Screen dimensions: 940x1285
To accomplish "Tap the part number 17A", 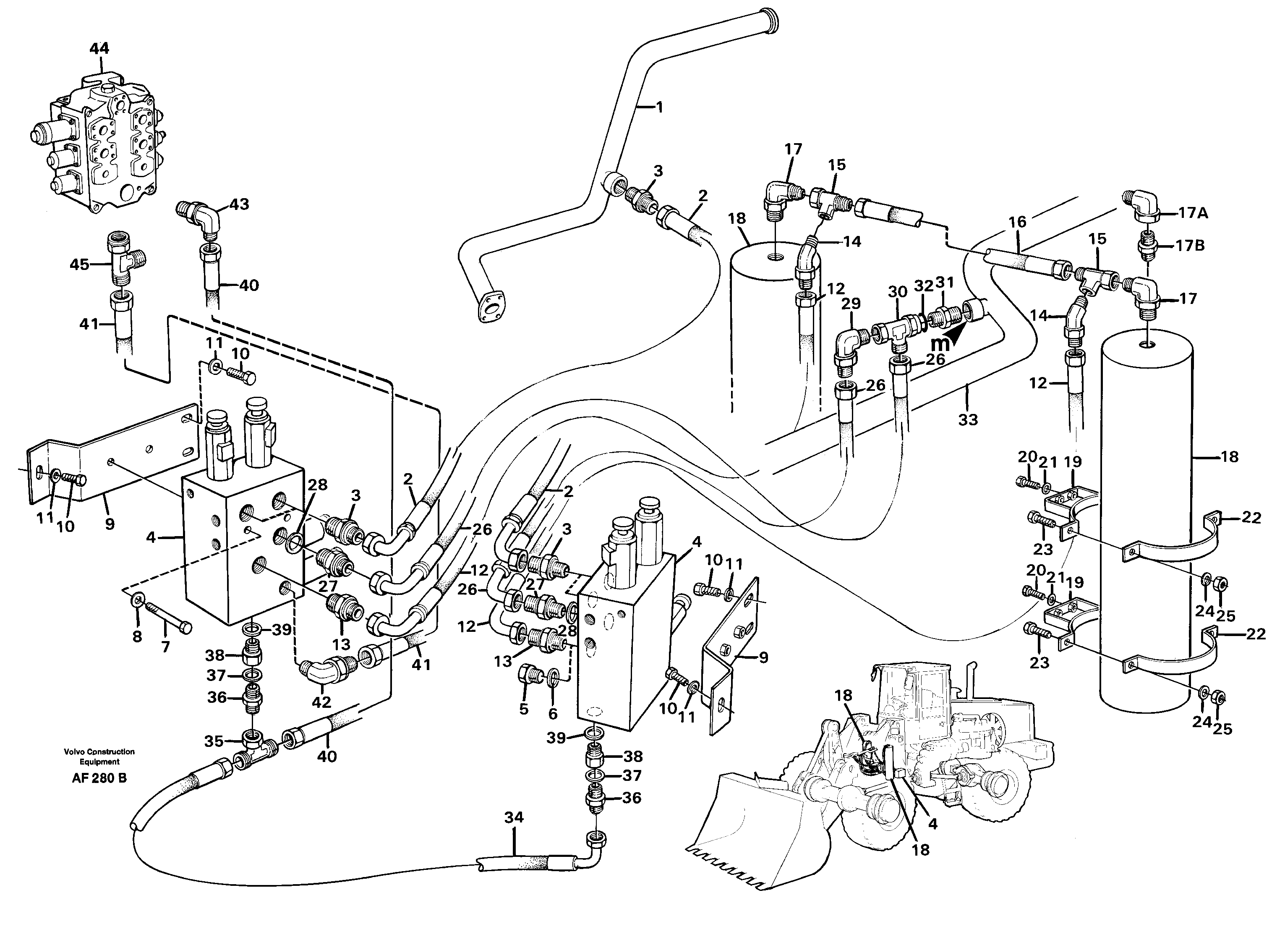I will pyautogui.click(x=1192, y=213).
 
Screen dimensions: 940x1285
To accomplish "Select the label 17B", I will pyautogui.click(x=1190, y=246).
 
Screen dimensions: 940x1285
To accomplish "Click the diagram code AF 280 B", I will pyautogui.click(x=99, y=778).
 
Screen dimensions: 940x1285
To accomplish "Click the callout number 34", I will pyautogui.click(x=513, y=818).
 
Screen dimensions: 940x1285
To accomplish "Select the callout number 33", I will pyautogui.click(x=968, y=419).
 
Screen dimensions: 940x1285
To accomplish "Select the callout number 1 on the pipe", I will pyautogui.click(x=659, y=107).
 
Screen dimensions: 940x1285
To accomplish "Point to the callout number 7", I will pyautogui.click(x=165, y=647).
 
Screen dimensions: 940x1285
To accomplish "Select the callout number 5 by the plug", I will pyautogui.click(x=523, y=709).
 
